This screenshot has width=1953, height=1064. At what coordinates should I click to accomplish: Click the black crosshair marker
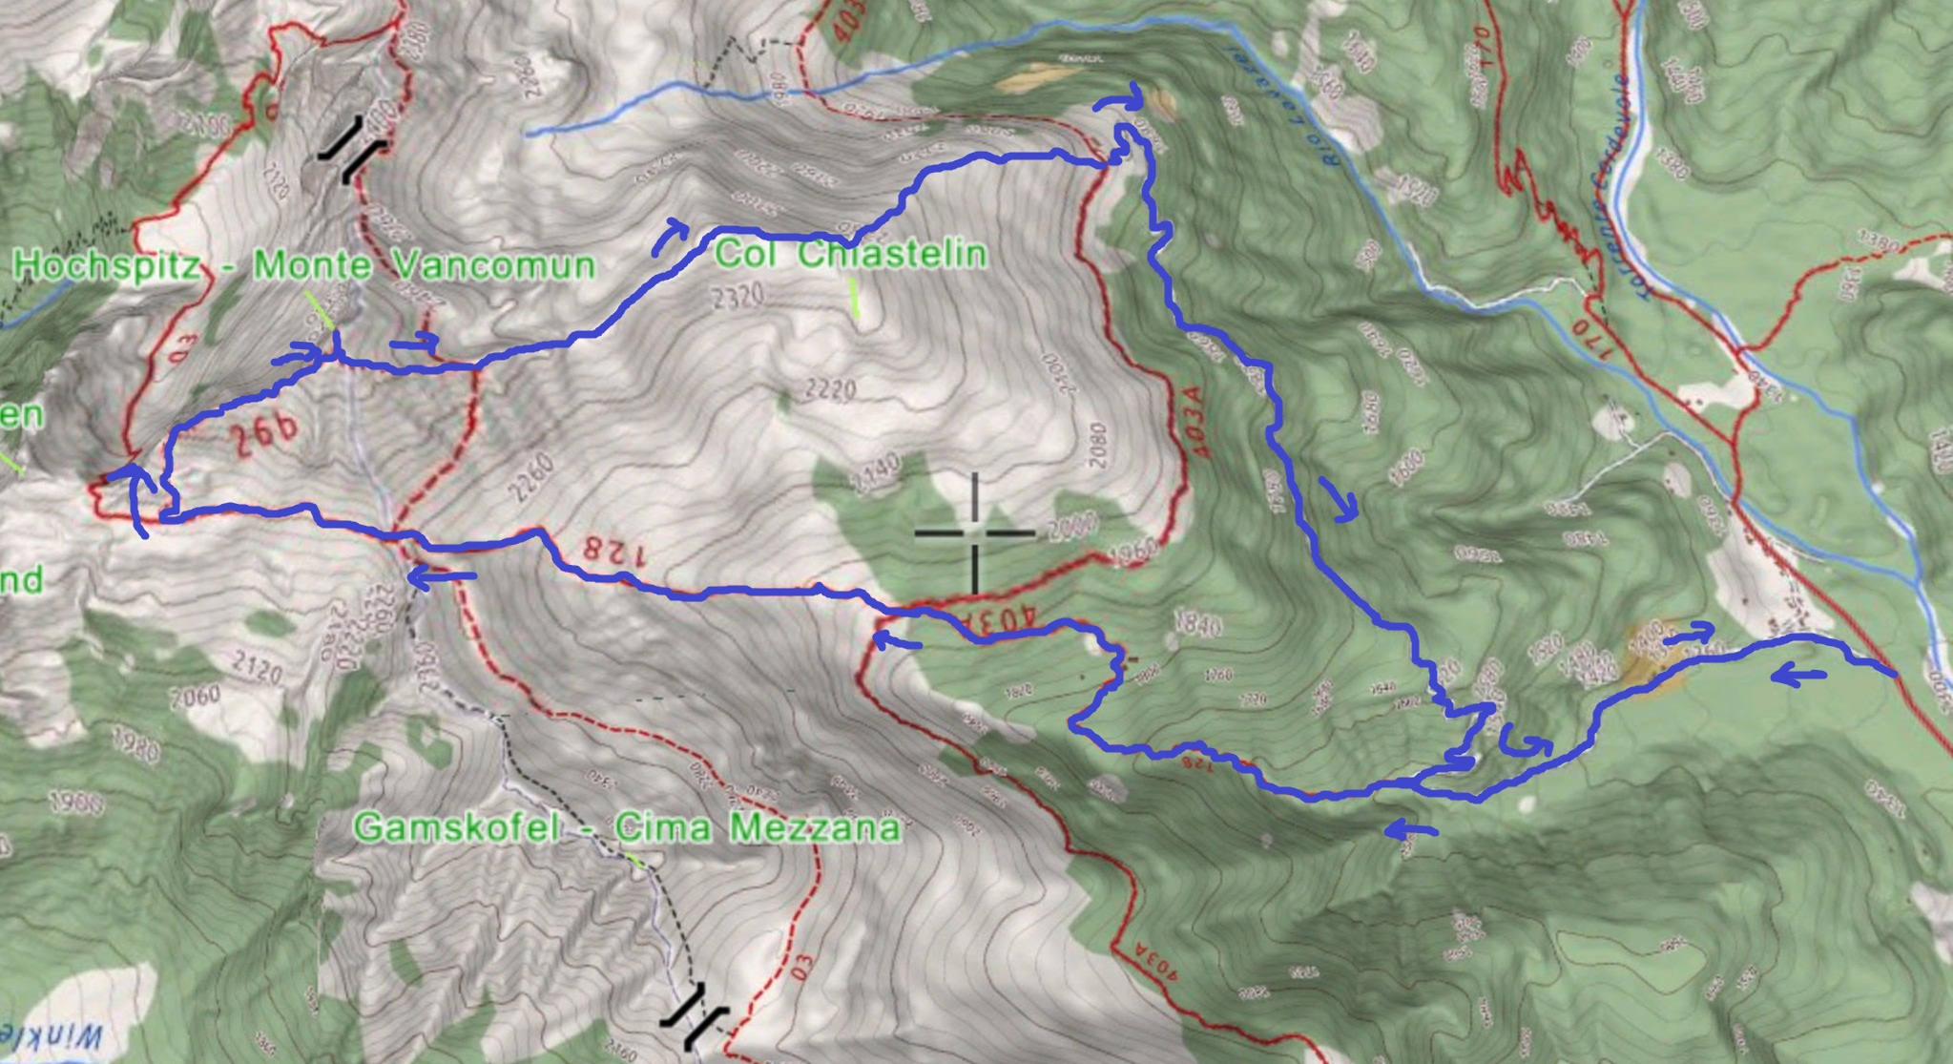tap(974, 532)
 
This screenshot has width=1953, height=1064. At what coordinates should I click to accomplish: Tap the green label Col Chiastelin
tap(850, 255)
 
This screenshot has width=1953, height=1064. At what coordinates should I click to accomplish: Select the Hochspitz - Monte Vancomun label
tap(304, 264)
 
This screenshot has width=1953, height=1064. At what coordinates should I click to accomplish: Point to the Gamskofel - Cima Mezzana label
tap(626, 826)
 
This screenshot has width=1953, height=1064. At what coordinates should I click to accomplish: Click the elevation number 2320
tap(738, 297)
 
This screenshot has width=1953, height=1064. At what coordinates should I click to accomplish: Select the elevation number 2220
tap(830, 389)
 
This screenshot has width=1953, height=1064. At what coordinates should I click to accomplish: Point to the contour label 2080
tap(1096, 447)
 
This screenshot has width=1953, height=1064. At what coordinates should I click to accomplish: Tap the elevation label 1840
tap(1199, 625)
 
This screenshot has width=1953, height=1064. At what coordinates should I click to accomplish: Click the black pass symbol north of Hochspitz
tap(352, 149)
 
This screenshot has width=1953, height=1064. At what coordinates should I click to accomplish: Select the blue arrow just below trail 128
tap(442, 575)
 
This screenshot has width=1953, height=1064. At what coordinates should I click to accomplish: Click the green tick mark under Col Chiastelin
tap(855, 298)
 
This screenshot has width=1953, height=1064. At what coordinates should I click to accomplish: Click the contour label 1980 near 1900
tap(135, 748)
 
